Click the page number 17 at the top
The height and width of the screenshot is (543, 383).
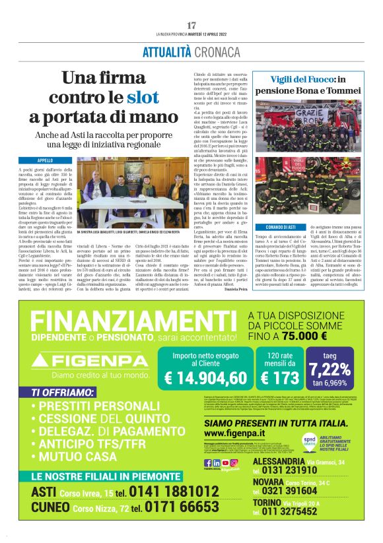pyautogui.click(x=191, y=25)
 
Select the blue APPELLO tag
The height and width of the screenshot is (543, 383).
pyautogui.click(x=46, y=160)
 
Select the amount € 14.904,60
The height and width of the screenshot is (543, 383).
pyautogui.click(x=204, y=377)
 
